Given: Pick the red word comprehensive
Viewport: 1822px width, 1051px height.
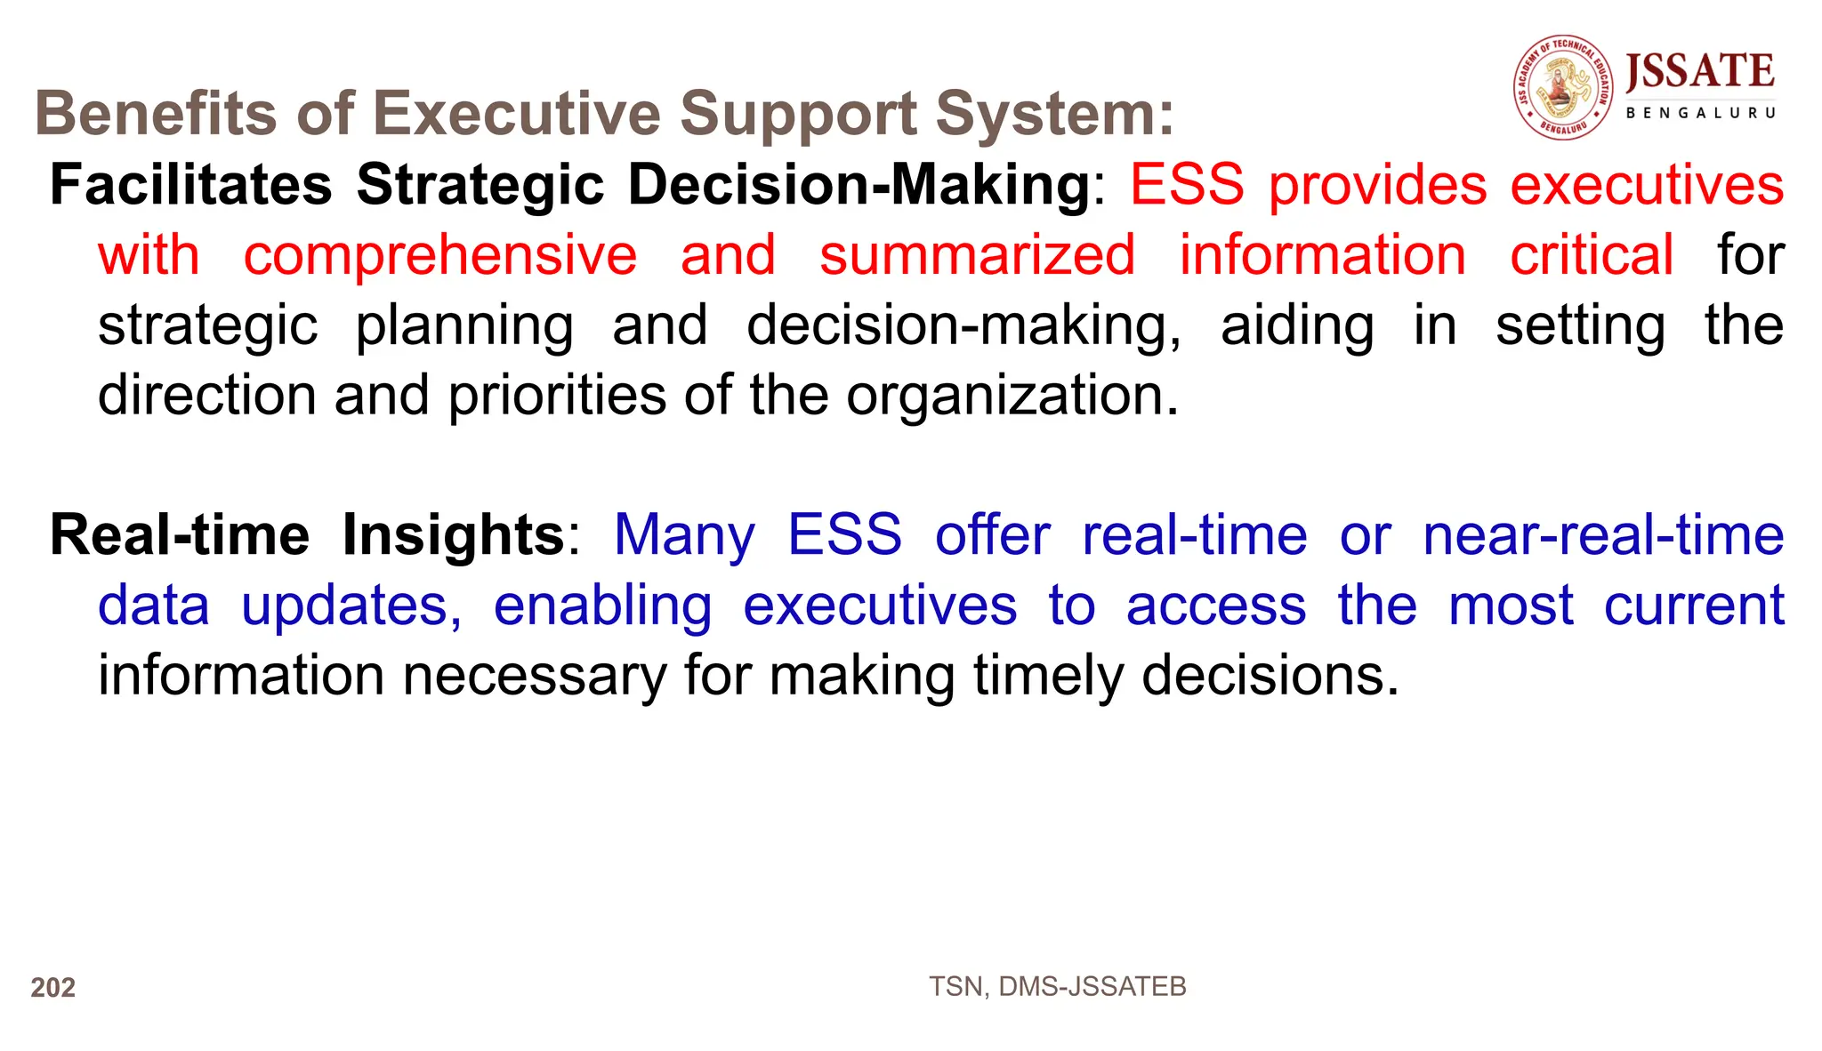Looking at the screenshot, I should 440,255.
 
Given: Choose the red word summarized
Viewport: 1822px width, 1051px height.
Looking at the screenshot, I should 977,255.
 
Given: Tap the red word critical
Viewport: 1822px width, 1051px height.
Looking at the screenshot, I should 1592,255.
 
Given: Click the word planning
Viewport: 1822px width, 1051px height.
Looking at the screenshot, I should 464,325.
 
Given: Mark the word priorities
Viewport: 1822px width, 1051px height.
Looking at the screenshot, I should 557,395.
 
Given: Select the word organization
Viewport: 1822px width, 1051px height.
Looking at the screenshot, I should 1012,395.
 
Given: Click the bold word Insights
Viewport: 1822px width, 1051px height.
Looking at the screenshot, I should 453,535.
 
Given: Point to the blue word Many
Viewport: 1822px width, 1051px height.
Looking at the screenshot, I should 684,535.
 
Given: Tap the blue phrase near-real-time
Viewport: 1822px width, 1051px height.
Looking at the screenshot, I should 1603,535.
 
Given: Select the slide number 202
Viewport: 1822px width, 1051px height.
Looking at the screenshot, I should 53,988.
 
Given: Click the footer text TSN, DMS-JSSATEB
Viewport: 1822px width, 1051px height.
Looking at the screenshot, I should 1057,987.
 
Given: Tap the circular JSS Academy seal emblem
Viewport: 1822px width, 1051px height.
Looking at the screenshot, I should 1563,87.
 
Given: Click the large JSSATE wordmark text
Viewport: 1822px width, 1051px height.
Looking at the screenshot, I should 1699,72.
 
